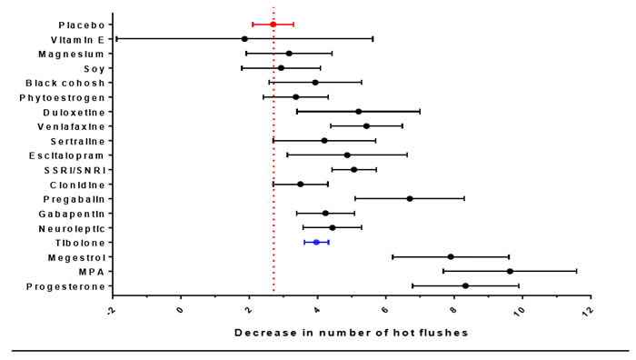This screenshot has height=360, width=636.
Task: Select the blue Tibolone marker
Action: coord(316,242)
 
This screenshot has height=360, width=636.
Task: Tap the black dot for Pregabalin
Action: coord(410,198)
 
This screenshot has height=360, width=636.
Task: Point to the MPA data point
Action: coord(510,271)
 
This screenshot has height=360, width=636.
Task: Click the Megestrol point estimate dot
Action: coord(451,256)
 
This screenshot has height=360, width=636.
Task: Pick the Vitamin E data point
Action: coord(244,39)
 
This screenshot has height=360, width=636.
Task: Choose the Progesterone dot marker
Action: coord(465,285)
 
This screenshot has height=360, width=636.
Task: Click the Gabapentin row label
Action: coord(74,214)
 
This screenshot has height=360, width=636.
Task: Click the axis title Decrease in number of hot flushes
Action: coord(351,333)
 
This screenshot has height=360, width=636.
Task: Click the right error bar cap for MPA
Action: coord(576,271)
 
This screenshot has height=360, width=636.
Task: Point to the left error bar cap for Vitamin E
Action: coord(116,39)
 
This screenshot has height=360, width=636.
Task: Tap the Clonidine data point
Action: coord(300,184)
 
